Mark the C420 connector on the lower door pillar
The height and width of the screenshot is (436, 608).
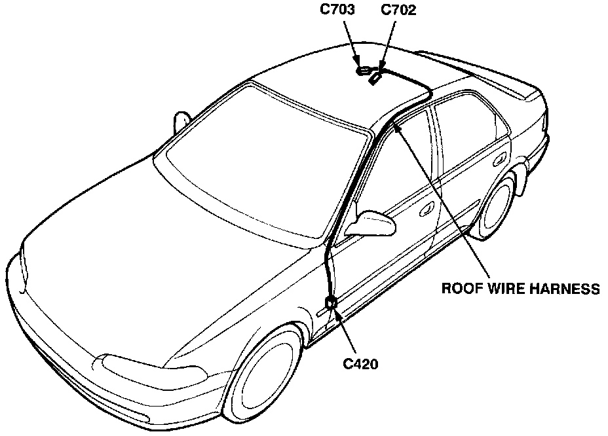tap(332, 302)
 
